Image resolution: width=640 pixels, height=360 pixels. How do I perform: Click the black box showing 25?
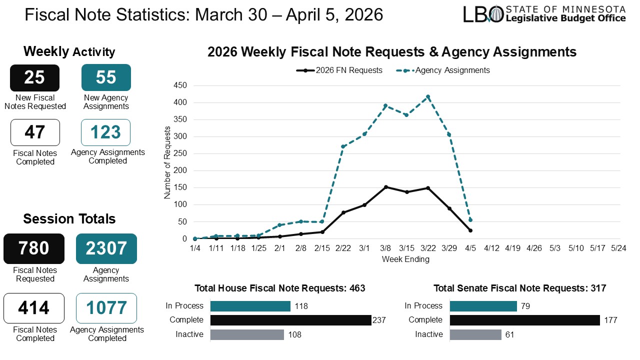34,77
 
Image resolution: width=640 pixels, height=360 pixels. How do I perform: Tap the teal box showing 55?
106,77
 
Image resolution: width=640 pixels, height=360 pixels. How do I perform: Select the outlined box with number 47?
34,132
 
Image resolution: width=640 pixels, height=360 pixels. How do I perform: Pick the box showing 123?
106,132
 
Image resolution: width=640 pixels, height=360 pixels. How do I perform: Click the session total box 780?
34,248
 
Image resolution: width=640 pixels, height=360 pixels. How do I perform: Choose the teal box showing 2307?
106,248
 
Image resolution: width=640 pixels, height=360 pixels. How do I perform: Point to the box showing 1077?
106,308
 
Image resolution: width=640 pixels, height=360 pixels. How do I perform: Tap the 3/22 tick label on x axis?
427,248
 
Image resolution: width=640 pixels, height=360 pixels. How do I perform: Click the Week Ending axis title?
405,259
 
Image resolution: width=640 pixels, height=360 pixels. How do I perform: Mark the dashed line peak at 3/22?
428,96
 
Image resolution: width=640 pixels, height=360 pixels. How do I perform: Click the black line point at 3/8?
385,187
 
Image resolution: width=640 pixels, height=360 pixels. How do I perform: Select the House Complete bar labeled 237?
290,320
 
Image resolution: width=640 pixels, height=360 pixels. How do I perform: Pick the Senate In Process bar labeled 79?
483,306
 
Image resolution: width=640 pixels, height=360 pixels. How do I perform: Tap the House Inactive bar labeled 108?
247,334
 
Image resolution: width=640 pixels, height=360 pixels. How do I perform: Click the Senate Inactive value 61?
510,334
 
